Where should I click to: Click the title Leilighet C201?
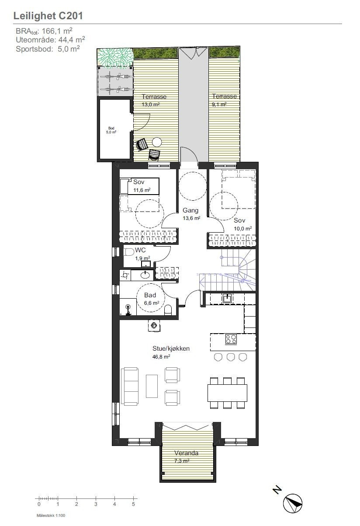tap(48, 16)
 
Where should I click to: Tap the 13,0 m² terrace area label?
tap(150, 105)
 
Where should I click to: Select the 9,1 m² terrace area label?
tap(219, 105)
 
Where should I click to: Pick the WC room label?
tap(140, 250)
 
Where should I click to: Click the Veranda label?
tap(186, 453)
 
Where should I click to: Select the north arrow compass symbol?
tap(293, 502)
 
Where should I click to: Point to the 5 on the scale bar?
tap(134, 504)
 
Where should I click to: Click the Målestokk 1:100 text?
tap(51, 516)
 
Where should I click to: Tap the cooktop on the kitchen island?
tap(231, 338)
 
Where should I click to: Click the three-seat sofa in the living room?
tap(130, 386)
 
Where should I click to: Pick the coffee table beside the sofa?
tap(152, 386)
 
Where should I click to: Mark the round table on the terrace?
tap(156, 142)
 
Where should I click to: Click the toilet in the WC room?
tap(129, 252)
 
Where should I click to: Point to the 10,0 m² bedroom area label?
tap(243, 228)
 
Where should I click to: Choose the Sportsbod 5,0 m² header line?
tap(48, 49)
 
